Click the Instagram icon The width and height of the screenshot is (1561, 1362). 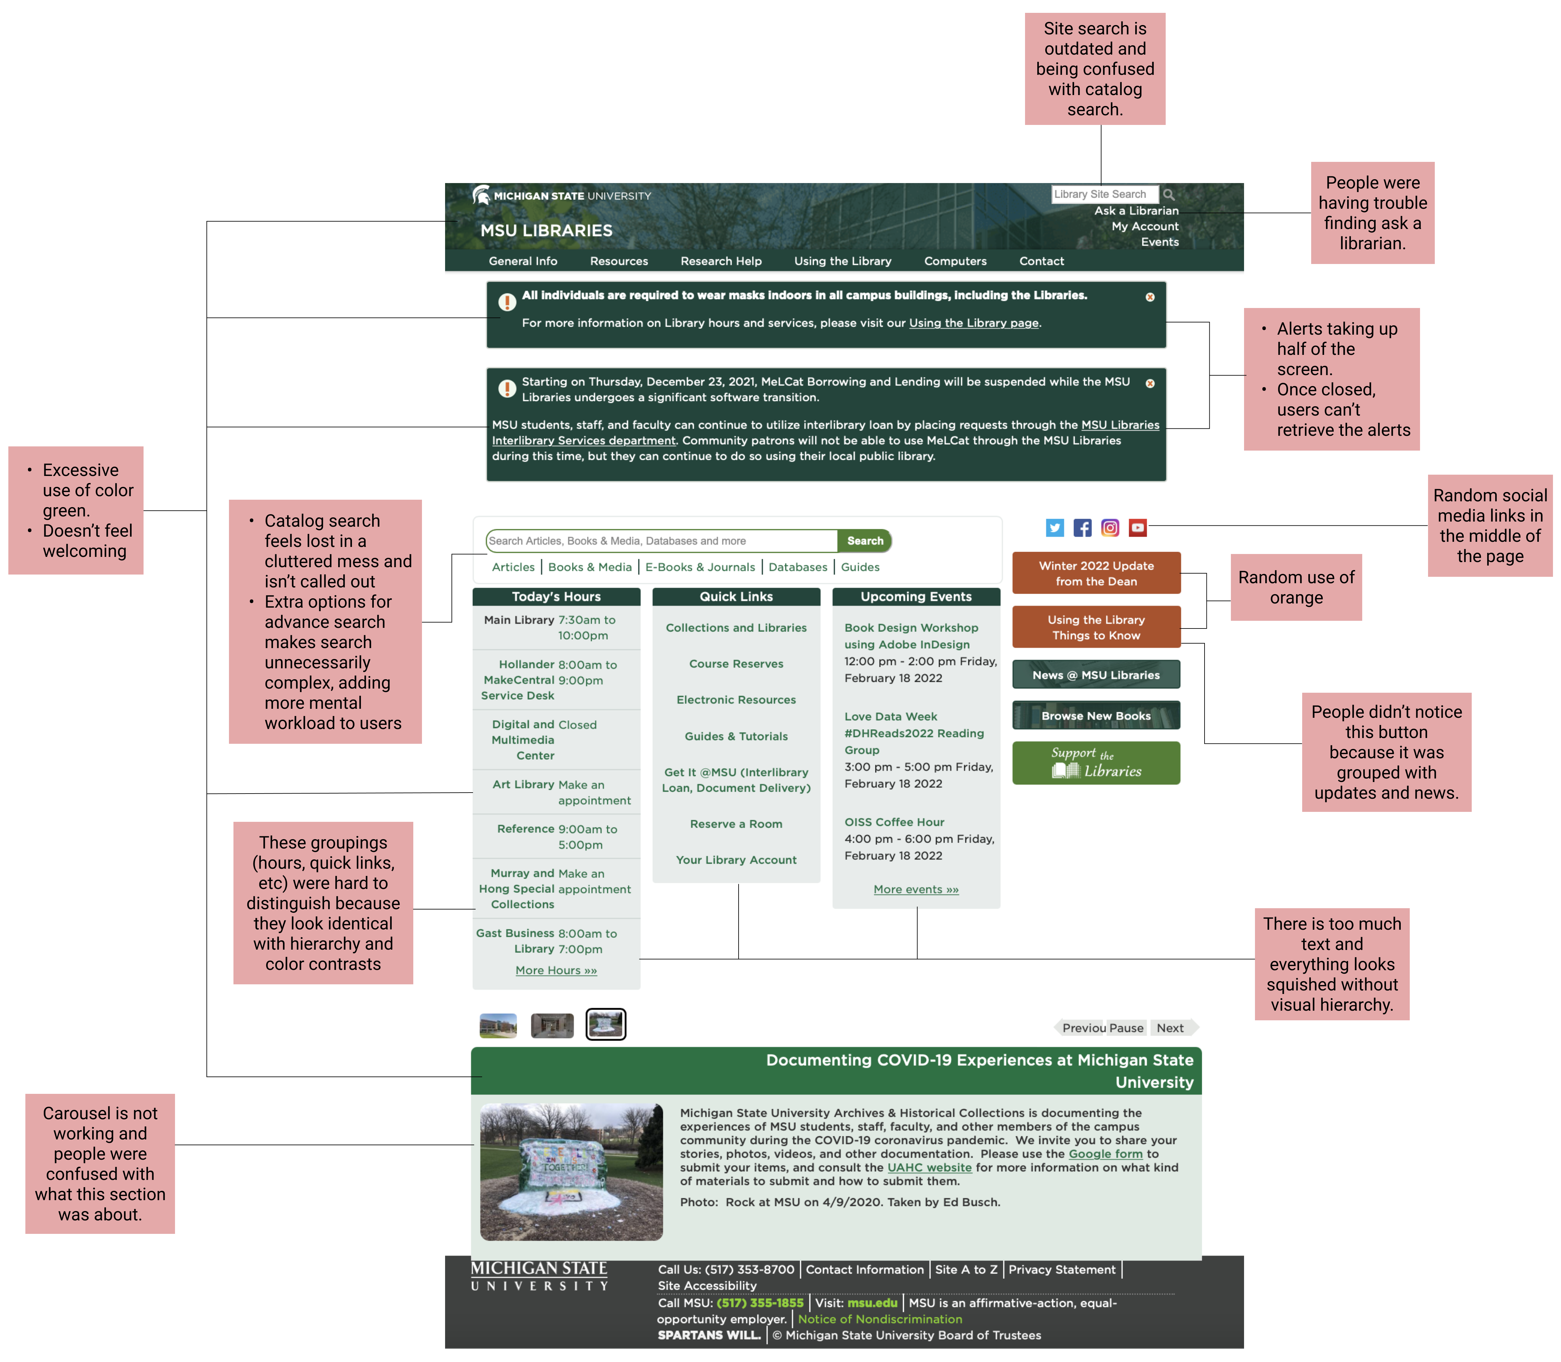point(1109,527)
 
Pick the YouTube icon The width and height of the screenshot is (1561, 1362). point(1137,527)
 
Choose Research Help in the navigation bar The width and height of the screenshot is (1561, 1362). point(721,261)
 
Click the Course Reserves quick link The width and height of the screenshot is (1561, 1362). point(736,663)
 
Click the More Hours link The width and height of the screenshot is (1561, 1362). point(556,971)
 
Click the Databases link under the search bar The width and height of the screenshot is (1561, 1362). point(797,567)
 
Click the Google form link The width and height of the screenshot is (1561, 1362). point(1105,1154)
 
